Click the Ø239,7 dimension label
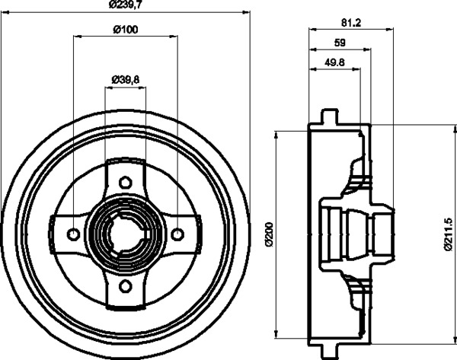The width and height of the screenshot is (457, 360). coord(125,5)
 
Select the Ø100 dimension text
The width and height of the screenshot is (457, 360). coord(126,29)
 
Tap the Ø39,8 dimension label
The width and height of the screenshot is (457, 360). coord(126,79)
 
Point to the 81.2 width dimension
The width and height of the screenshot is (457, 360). coord(351,23)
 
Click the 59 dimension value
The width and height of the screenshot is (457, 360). coord(340,43)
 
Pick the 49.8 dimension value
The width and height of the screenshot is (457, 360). coord(335,62)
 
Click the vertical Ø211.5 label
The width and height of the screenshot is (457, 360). coord(448,234)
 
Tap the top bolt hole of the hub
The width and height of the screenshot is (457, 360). coord(126,183)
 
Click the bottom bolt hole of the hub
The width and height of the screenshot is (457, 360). coord(126,285)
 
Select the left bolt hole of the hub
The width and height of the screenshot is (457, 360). coord(73,234)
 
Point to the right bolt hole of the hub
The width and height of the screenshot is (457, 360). coord(177,234)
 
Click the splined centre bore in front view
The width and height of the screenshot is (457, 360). coord(126,234)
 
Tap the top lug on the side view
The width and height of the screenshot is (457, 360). coord(330,116)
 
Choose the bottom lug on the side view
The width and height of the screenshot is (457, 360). coord(330,352)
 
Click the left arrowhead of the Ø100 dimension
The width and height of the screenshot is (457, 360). coord(77,36)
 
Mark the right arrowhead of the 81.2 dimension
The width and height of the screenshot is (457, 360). coord(390,29)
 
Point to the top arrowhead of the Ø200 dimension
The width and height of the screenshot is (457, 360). coord(276,135)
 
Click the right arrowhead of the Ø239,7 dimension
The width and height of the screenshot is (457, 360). coord(246,12)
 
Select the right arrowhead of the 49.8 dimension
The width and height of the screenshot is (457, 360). coord(356,69)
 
